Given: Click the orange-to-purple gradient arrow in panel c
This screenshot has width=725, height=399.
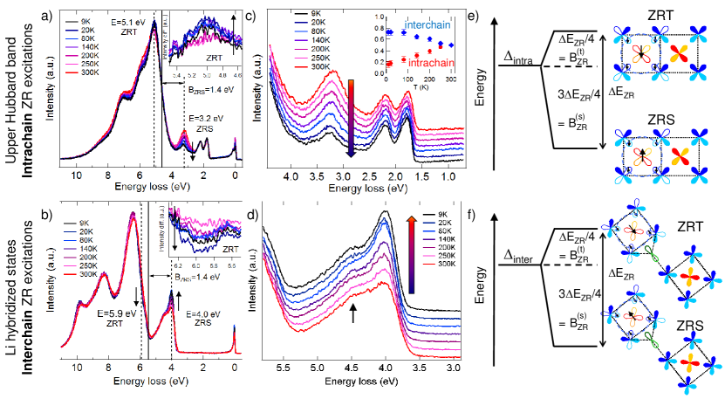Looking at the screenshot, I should click(351, 117).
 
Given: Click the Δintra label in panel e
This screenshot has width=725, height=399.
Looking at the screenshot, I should click(523, 58).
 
